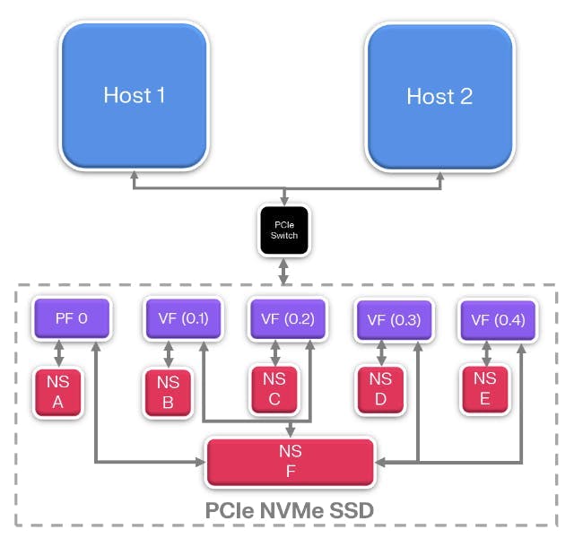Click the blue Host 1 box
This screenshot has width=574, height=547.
[x=134, y=95]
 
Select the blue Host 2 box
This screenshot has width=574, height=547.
[x=439, y=95]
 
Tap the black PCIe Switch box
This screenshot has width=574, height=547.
[x=283, y=228]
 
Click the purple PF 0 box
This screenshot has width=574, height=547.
[x=72, y=317]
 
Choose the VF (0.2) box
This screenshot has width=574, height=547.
[x=284, y=318]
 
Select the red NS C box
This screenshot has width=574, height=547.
[x=274, y=388]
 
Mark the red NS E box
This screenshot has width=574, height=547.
[x=484, y=388]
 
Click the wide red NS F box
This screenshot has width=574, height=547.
[x=290, y=462]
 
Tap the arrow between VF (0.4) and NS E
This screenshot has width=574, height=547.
[x=484, y=352]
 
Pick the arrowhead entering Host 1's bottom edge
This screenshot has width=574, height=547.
[x=134, y=180]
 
